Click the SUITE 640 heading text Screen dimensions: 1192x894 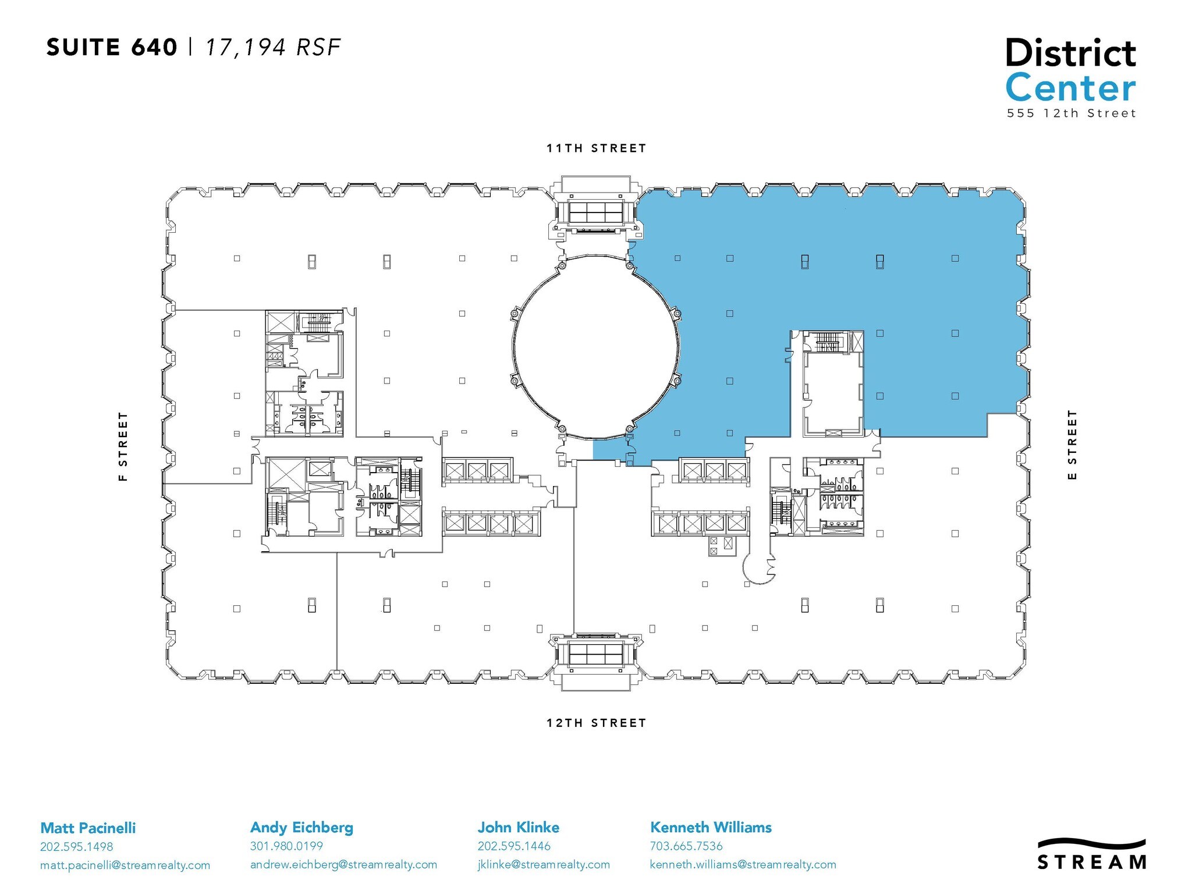coord(112,47)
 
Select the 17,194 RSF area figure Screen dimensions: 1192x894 coord(272,48)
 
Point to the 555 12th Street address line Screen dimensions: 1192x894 coord(1072,113)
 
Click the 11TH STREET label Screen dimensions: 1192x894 coord(597,148)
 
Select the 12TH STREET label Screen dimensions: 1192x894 coord(597,723)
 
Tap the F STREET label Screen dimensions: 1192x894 coord(123,446)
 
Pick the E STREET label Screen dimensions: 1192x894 coord(1072,445)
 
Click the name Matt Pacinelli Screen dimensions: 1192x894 coord(88,828)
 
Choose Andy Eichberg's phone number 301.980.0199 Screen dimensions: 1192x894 coord(286,846)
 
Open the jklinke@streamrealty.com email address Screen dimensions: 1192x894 coord(544,865)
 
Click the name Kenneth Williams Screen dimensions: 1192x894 coord(711,827)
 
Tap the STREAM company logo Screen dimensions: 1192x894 coord(1092,854)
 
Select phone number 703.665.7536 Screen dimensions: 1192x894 coord(686,846)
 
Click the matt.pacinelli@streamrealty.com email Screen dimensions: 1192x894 coord(125,865)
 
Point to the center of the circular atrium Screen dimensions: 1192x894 coord(597,347)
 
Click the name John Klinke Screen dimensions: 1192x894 coord(519,827)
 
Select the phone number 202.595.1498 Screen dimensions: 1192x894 coord(76,847)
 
